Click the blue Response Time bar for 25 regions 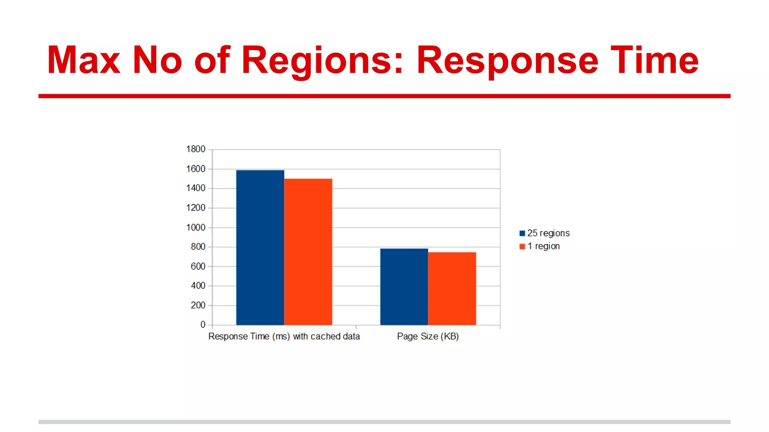[260, 247]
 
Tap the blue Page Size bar [404, 287]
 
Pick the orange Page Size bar [452, 289]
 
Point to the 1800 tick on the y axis [196, 149]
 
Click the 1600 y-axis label [196, 169]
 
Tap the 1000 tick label [196, 228]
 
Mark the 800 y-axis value [198, 247]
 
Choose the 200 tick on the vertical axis [198, 305]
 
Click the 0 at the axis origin [203, 325]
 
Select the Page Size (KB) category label [428, 336]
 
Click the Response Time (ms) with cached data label [284, 336]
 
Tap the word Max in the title [83, 60]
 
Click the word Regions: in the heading [322, 60]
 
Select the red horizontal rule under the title [384, 96]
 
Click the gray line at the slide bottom [384, 422]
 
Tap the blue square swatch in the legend [522, 234]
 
